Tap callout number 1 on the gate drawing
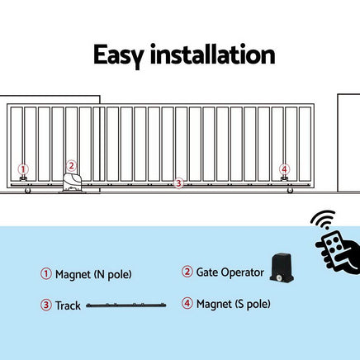pyautogui.click(x=23, y=168)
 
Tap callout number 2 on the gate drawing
pyautogui.click(x=71, y=165)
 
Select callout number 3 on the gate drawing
pyautogui.click(x=178, y=182)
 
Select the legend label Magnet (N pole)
pyautogui.click(x=93, y=274)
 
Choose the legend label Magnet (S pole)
pyautogui.click(x=233, y=305)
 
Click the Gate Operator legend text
pyautogui.click(x=230, y=272)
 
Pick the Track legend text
pyautogui.click(x=68, y=306)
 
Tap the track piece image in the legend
pyautogui.click(x=126, y=306)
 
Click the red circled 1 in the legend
pyautogui.click(x=46, y=274)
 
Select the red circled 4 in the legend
pyautogui.click(x=187, y=305)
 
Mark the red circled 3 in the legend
pyautogui.click(x=46, y=306)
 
